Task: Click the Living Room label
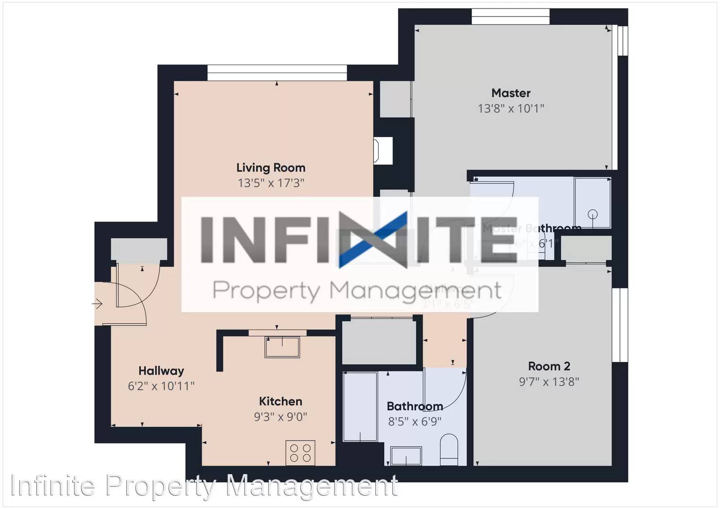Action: click(271, 168)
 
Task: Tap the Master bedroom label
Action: click(511, 93)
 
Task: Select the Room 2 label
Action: click(549, 366)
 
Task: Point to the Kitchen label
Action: click(281, 402)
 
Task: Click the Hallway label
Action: click(161, 371)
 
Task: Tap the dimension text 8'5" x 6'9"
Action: click(414, 421)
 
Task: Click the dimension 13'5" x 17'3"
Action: click(271, 183)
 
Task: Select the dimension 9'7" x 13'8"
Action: click(549, 381)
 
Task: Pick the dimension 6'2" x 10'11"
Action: click(161, 386)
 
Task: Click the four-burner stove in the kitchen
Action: click(300, 453)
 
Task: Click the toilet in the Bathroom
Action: click(449, 450)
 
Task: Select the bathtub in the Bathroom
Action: click(360, 406)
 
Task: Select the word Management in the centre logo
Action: click(415, 291)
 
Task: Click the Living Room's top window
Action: click(277, 73)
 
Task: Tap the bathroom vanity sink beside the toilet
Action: click(406, 456)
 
